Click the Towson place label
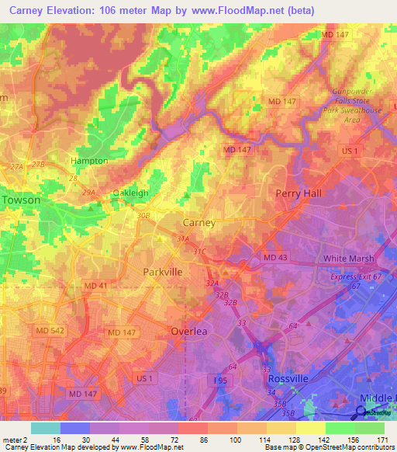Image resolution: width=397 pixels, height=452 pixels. (22, 200)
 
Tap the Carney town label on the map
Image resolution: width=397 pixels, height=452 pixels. (198, 222)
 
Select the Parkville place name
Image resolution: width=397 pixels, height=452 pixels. (163, 272)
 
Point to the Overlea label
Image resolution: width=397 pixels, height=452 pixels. (189, 331)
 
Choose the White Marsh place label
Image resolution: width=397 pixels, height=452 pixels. (348, 259)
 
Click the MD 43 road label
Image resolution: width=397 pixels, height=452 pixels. (275, 257)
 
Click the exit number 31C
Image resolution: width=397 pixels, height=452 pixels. (200, 251)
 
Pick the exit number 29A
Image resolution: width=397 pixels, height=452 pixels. (88, 193)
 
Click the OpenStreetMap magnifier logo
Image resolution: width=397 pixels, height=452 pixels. (361, 413)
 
